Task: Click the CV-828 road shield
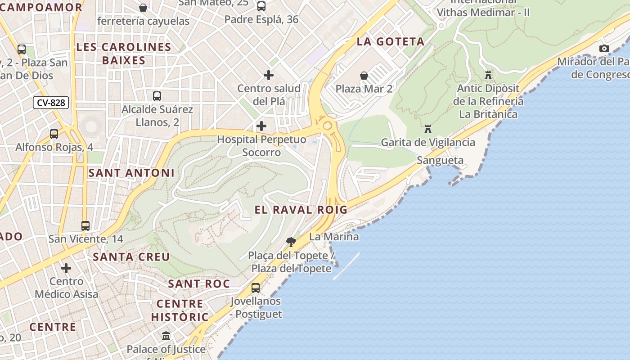51,103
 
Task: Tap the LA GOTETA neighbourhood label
391,42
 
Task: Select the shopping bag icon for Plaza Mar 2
364,76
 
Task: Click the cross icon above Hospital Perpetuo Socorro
261,126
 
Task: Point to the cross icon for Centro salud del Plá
269,75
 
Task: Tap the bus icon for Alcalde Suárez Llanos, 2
157,96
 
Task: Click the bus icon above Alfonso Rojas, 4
54,134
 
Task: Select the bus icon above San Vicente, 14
85,225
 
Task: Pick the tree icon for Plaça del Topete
291,242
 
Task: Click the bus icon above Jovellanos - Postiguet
256,288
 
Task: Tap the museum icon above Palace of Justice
166,336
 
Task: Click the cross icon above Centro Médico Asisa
66,268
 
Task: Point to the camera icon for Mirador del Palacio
604,48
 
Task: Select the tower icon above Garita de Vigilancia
427,129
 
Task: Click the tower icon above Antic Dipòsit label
488,75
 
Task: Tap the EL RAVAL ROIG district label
301,210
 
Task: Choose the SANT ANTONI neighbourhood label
131,173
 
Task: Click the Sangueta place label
440,160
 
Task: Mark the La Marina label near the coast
334,237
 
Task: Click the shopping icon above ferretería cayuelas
143,8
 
